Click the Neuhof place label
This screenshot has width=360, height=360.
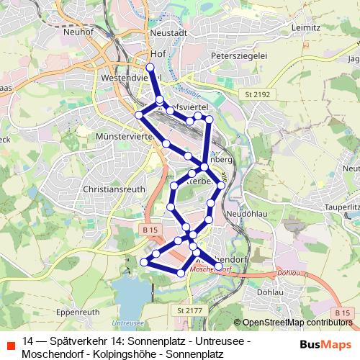click(78, 32)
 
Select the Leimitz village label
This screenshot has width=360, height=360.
click(306, 27)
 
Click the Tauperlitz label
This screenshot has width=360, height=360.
click(343, 206)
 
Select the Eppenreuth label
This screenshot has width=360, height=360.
click(76, 314)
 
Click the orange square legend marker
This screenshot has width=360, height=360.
click(9, 346)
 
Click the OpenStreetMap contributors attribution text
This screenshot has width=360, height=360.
click(297, 323)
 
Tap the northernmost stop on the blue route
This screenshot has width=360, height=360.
click(150, 68)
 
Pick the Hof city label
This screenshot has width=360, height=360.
click(159, 53)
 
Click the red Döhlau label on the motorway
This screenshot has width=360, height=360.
click(287, 274)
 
